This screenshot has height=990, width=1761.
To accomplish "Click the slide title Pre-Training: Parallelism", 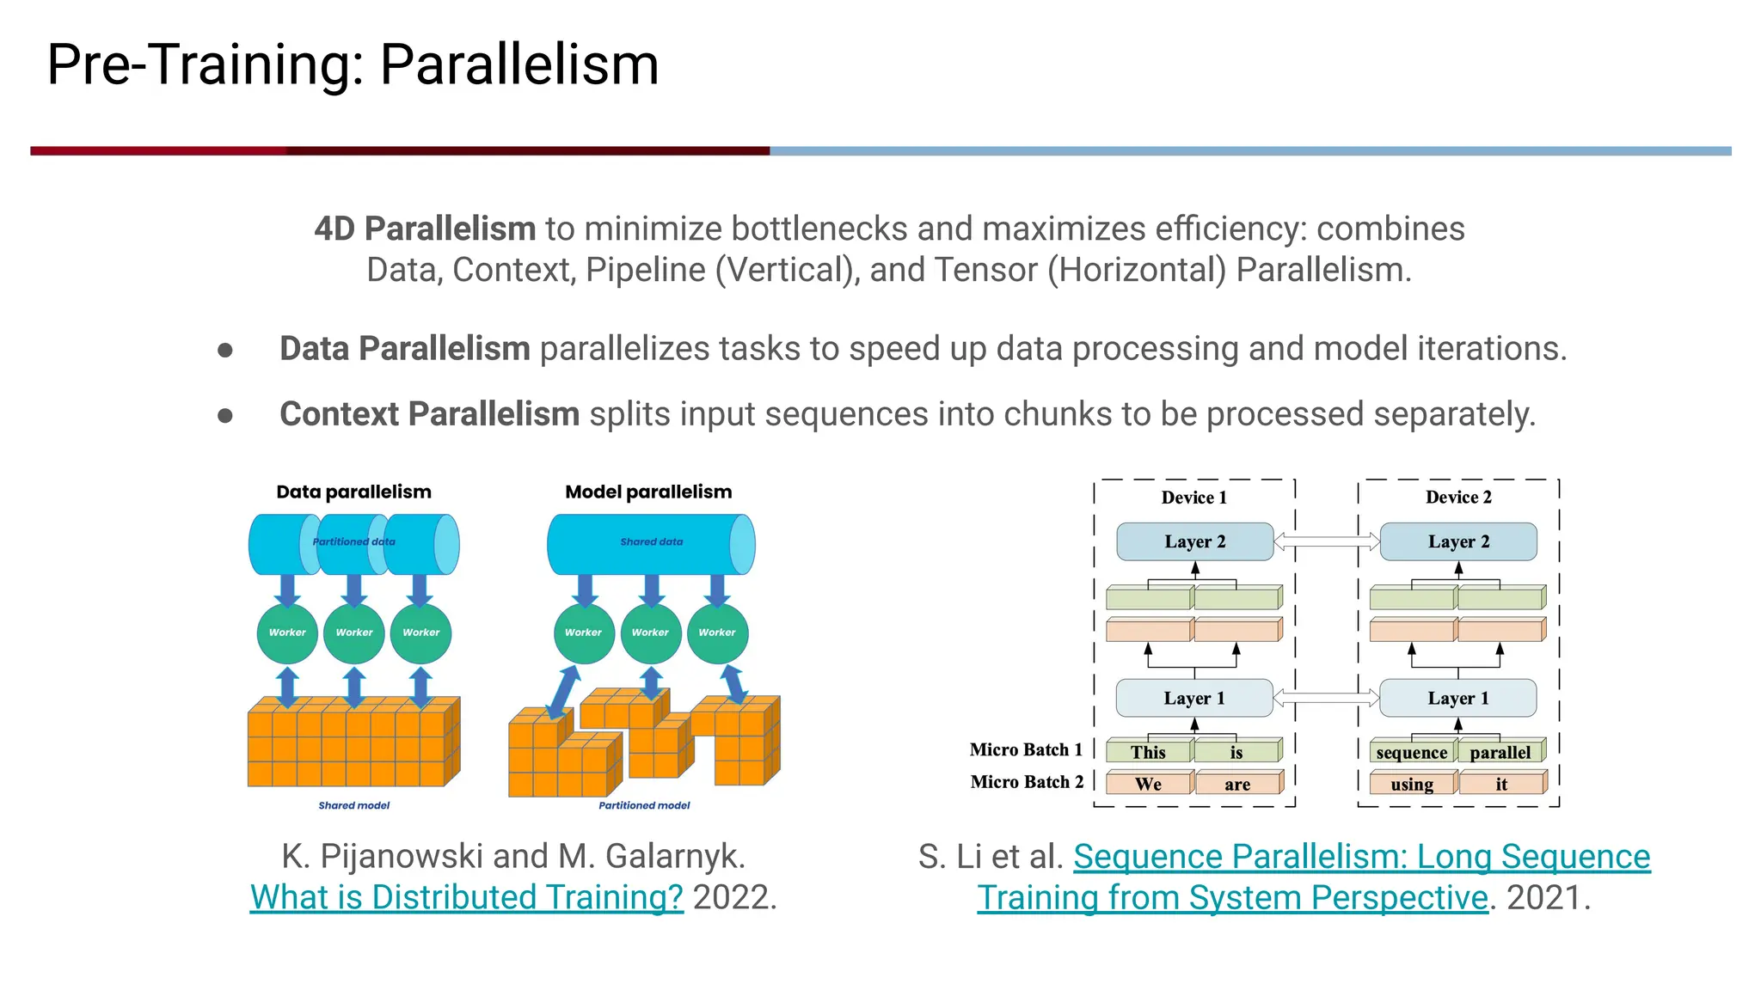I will [353, 64].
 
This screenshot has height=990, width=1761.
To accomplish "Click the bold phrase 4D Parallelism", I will [425, 229].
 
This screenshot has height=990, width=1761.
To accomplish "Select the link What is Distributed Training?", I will [466, 897].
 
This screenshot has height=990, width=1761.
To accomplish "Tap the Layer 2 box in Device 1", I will [1194, 541].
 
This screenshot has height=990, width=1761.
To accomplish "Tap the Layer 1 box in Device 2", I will [1457, 698].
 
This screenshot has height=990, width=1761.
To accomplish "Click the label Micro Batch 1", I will [1025, 749].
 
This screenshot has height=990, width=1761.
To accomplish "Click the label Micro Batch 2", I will [1026, 782].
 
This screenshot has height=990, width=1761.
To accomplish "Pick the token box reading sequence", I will [1411, 752].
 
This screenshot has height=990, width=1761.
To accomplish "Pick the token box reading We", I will [1148, 784].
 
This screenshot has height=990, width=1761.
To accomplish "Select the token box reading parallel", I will [1500, 752].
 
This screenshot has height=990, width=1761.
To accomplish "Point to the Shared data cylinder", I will [651, 543].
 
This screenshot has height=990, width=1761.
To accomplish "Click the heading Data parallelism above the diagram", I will [353, 492].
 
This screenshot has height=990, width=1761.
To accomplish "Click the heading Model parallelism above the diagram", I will [648, 492].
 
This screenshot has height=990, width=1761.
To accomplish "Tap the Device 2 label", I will [1458, 497].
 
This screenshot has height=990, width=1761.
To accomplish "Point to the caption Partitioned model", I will [644, 805].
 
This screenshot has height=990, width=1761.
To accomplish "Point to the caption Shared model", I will [353, 805].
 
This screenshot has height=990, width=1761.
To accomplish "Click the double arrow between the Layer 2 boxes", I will [1326, 541].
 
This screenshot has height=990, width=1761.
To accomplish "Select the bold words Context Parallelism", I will [429, 414].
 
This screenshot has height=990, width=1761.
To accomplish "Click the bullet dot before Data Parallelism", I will [225, 350].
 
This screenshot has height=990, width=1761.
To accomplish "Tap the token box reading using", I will [1411, 784].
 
